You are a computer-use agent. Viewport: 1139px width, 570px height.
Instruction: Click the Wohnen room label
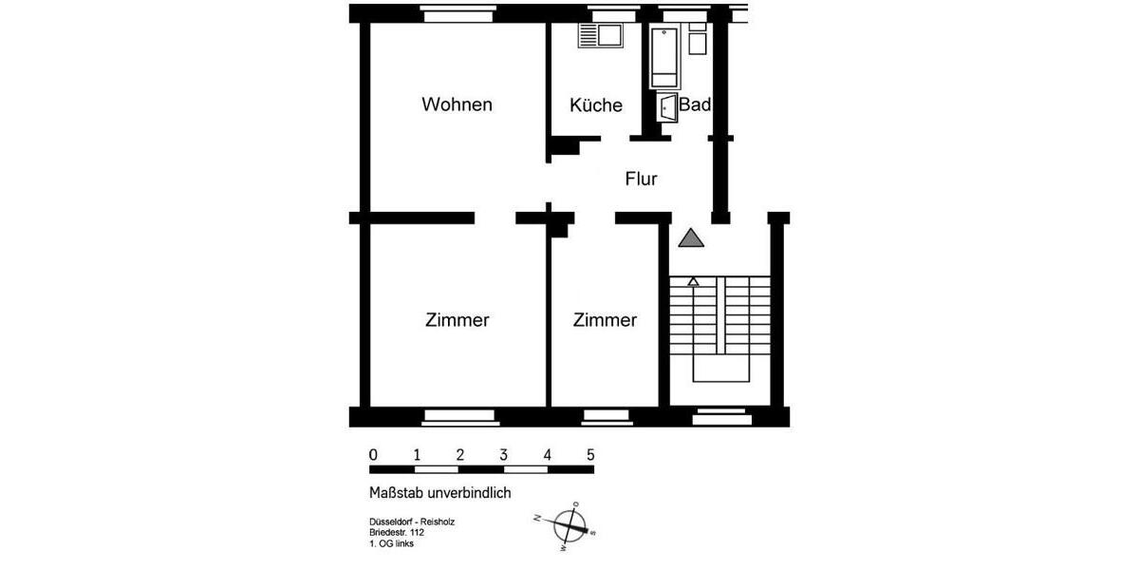point(457,104)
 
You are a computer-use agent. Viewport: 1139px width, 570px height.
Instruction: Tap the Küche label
point(596,105)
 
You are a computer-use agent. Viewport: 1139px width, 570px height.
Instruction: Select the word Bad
point(695,105)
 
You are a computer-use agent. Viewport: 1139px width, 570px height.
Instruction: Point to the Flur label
point(641,179)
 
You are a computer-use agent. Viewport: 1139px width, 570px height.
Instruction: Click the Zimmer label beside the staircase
point(605,320)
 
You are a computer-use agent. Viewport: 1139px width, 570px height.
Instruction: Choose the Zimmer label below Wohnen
point(457,320)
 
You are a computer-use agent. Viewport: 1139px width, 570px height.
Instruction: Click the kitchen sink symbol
point(600,36)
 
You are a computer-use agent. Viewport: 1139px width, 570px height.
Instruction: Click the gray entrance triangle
point(692,238)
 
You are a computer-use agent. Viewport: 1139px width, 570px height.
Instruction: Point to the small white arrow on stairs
point(693,281)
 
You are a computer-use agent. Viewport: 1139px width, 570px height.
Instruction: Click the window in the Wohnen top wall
point(457,14)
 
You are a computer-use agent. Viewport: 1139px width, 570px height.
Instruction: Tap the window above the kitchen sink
point(609,14)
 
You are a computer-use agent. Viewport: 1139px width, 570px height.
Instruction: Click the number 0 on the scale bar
point(373,454)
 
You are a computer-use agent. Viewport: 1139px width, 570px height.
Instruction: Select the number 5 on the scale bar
point(590,454)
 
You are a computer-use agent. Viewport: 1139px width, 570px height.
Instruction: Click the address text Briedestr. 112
point(397,533)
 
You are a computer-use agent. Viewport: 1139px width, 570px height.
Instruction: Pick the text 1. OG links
point(391,544)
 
